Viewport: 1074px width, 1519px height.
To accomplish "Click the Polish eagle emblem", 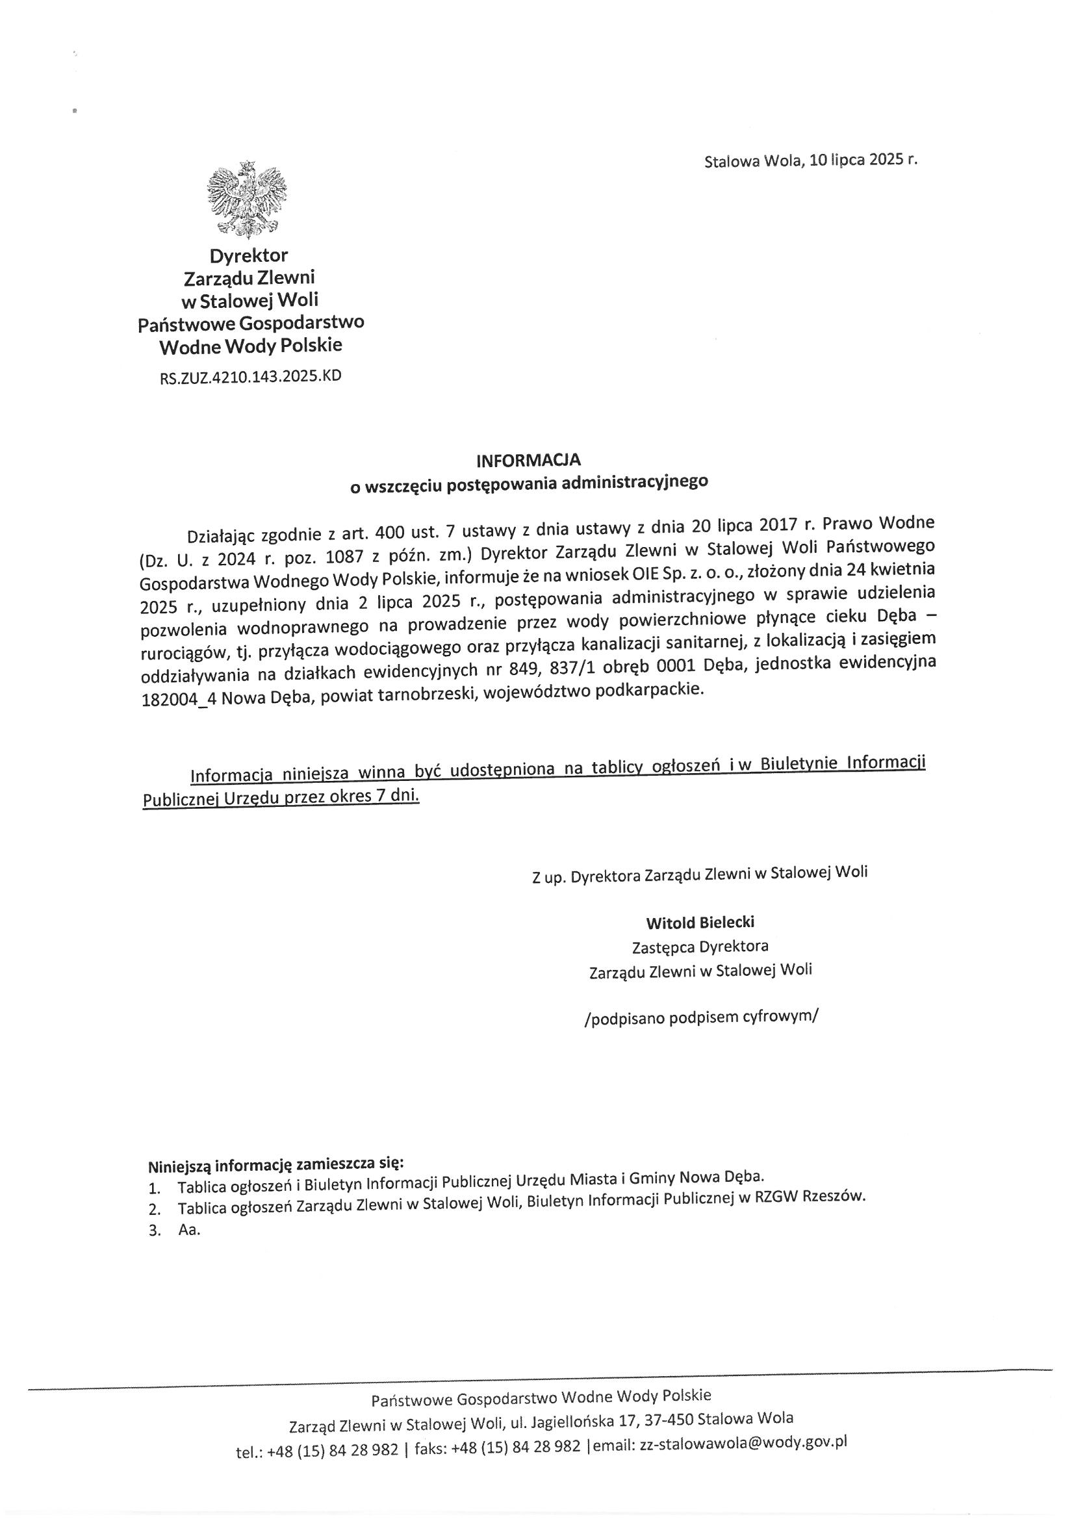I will tap(247, 198).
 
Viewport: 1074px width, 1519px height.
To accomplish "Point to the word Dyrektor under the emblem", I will tap(249, 255).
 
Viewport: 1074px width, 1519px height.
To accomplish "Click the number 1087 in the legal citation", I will tap(339, 557).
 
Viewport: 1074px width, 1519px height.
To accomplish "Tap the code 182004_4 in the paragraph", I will tap(175, 700).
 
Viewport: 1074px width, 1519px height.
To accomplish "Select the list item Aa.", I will tap(188, 1231).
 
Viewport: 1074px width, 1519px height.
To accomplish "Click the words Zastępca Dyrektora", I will tap(700, 946).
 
